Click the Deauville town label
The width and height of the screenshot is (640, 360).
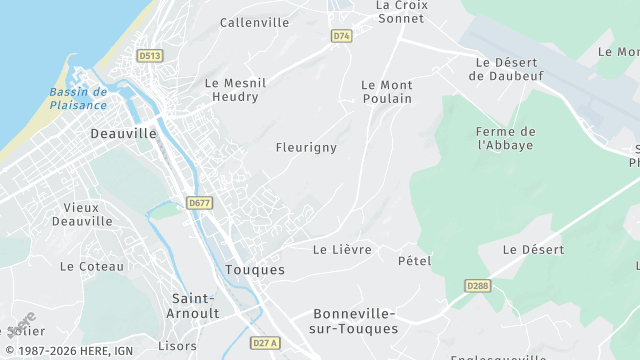point(123,133)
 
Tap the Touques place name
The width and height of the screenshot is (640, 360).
point(255,270)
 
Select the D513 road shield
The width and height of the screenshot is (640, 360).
point(151,56)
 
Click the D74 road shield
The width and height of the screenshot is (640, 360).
point(342,36)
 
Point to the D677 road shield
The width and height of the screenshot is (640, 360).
point(199,203)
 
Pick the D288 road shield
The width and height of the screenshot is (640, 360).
point(478,286)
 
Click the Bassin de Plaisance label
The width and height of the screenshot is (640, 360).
point(78,99)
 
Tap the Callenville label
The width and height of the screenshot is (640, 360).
point(254,22)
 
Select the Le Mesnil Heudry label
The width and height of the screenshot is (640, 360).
point(232,90)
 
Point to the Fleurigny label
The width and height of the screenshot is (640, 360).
point(306,147)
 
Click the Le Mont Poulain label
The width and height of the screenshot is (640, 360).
point(386,92)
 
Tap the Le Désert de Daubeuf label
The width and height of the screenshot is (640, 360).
point(507,69)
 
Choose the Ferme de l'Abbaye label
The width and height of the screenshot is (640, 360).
point(506,138)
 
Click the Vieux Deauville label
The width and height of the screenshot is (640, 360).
point(82,214)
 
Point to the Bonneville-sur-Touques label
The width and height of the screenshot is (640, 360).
point(355,321)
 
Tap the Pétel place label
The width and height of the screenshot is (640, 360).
point(414,261)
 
